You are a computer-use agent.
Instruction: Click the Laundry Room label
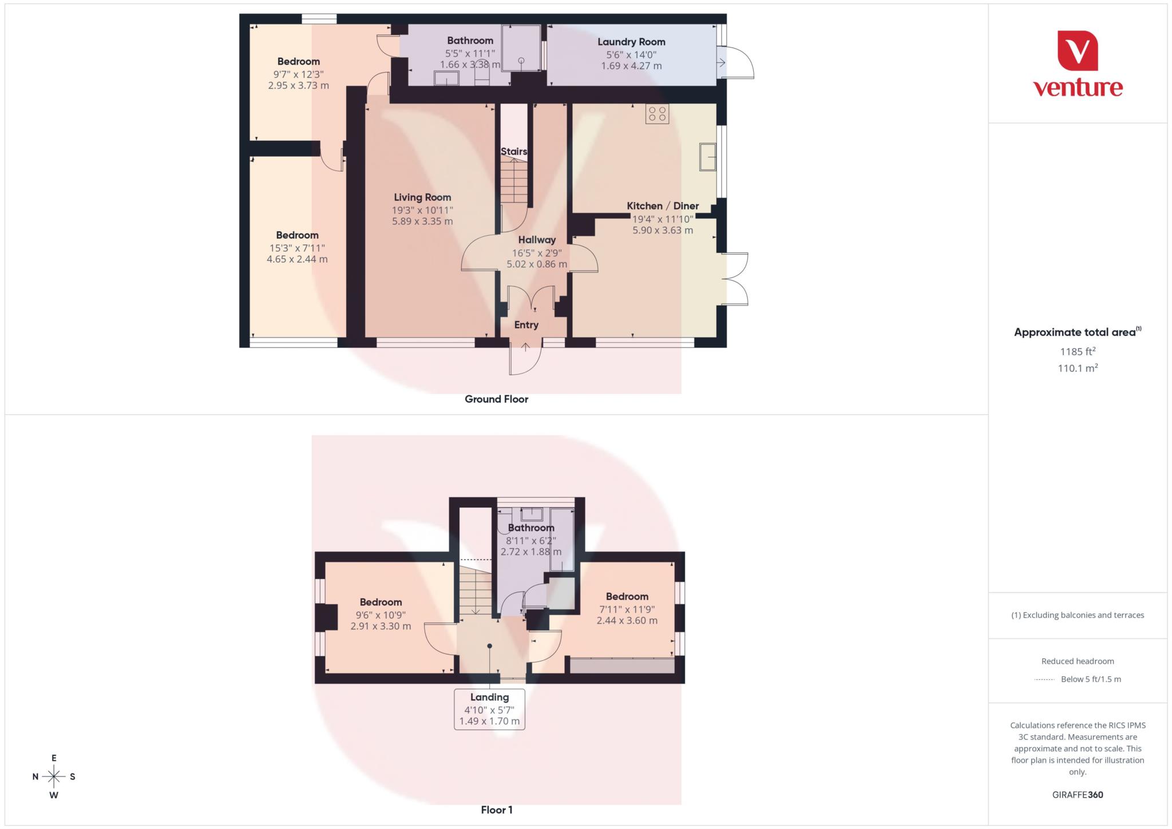[x=631, y=42]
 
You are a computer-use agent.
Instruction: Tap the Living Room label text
[x=422, y=197]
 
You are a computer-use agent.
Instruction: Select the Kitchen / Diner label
[x=663, y=206]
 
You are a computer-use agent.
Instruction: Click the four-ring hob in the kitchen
[x=657, y=114]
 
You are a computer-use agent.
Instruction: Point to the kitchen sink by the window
[x=707, y=157]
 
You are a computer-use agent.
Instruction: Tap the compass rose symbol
[x=54, y=776]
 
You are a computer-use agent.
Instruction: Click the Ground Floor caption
[x=496, y=399]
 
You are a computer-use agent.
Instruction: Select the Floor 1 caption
[x=496, y=810]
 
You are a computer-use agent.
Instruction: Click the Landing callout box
[x=489, y=709]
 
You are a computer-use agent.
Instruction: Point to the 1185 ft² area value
[x=1078, y=351]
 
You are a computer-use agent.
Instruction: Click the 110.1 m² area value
[x=1078, y=368]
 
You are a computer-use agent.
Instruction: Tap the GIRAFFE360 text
[x=1078, y=795]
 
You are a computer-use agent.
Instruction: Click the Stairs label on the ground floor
[x=514, y=152]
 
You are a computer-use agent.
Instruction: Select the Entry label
[x=526, y=325]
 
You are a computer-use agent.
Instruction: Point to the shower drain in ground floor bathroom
[x=521, y=60]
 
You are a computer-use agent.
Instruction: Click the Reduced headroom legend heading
[x=1078, y=661]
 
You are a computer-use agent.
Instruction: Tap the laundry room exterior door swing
[x=738, y=62]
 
